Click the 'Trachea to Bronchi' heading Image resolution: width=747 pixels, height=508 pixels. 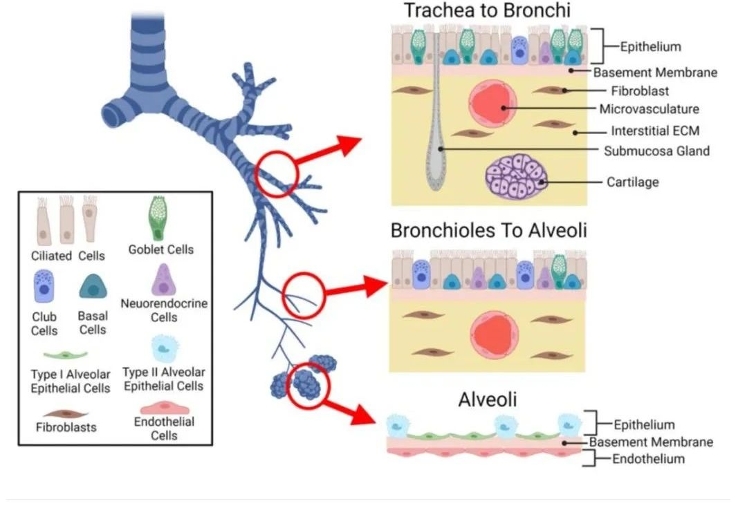pyautogui.click(x=487, y=10)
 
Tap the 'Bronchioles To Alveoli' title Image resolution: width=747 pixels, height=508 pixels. pyautogui.click(x=488, y=230)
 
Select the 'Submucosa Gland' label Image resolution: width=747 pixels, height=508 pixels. pyautogui.click(x=656, y=151)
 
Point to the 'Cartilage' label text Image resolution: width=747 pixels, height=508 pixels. pyautogui.click(x=632, y=182)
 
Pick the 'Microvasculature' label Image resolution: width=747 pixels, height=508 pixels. pyautogui.click(x=649, y=109)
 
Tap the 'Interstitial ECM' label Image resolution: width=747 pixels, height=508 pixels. pyautogui.click(x=655, y=131)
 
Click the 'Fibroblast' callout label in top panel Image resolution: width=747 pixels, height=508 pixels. pyautogui.click(x=640, y=91)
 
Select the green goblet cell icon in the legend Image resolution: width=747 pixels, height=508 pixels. pyautogui.click(x=158, y=218)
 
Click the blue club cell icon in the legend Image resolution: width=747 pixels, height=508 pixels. pyautogui.click(x=44, y=285)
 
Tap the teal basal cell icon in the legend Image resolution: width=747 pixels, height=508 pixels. pyautogui.click(x=93, y=286)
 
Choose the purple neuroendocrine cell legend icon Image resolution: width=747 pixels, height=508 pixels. pyautogui.click(x=163, y=279)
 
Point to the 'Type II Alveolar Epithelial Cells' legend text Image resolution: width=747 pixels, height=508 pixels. pyautogui.click(x=163, y=379)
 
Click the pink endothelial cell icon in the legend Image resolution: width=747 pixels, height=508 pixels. pyautogui.click(x=165, y=408)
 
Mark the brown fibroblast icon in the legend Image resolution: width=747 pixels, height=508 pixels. pyautogui.click(x=66, y=414)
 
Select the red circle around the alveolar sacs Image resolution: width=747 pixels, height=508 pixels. pyautogui.click(x=309, y=386)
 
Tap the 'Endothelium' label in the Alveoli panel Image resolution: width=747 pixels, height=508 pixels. pyautogui.click(x=648, y=459)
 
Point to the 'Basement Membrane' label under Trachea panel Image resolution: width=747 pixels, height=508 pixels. pyautogui.click(x=655, y=73)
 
